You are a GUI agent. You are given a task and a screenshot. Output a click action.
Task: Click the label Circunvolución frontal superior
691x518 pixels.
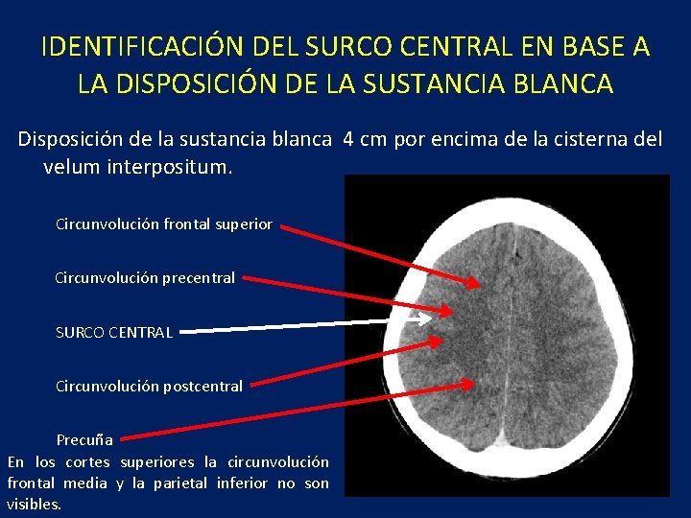(x=164, y=224)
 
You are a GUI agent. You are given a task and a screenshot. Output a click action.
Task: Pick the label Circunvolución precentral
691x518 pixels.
(x=145, y=278)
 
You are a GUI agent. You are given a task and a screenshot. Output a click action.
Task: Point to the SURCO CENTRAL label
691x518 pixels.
(x=114, y=333)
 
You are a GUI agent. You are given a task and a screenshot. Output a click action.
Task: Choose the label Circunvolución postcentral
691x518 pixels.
(x=149, y=387)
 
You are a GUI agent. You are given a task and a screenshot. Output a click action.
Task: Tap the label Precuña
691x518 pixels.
(x=84, y=440)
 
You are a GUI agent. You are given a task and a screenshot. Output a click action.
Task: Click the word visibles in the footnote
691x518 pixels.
(x=33, y=504)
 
